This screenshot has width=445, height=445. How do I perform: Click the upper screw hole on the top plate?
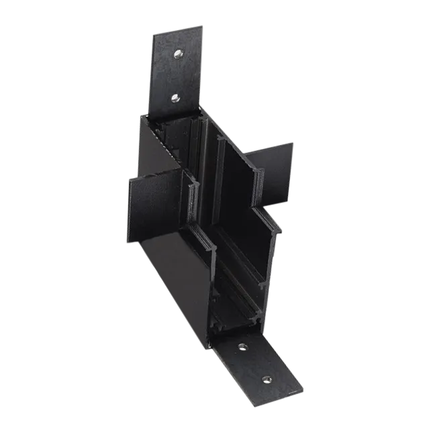179,53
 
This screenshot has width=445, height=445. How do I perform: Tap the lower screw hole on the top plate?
175,98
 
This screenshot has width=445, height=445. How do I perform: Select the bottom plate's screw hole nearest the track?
242,347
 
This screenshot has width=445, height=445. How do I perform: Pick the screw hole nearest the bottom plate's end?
267,380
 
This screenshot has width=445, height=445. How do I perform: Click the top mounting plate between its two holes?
177,75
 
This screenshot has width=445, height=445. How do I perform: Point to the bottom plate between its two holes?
255,364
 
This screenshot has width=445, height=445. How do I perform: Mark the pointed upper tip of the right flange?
293,143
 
